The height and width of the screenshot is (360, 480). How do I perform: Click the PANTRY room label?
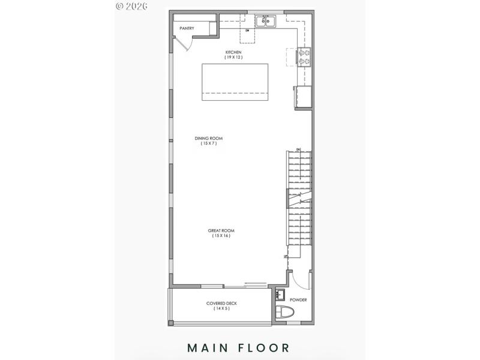click(x=187, y=28)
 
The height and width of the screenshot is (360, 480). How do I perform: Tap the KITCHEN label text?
click(x=233, y=53)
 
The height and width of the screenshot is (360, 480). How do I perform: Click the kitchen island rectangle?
click(x=235, y=82)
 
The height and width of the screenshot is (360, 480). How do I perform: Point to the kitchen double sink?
click(x=265, y=22)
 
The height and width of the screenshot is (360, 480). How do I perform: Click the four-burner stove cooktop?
click(x=305, y=57)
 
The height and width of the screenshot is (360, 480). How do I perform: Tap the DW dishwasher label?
click(x=247, y=31)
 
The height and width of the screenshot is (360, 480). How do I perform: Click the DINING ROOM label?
click(x=205, y=139)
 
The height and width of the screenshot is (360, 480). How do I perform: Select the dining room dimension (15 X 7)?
click(x=205, y=144)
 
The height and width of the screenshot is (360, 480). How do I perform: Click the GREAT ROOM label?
click(x=221, y=230)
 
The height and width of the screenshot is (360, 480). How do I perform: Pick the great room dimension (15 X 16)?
click(x=221, y=236)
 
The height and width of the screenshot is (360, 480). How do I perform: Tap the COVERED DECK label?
click(x=221, y=303)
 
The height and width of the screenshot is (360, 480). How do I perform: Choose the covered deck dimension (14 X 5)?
click(x=221, y=308)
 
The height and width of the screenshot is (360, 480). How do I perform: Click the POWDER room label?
click(x=298, y=300)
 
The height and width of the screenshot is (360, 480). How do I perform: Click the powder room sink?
click(x=280, y=295)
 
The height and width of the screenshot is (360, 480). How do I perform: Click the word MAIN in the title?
click(x=212, y=347)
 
